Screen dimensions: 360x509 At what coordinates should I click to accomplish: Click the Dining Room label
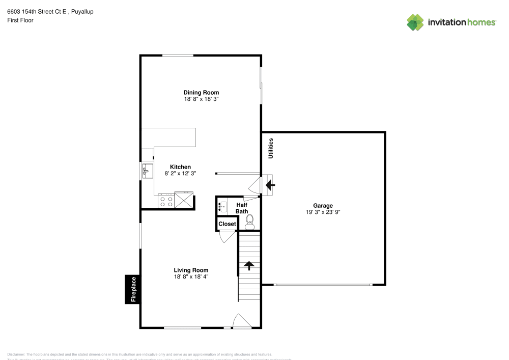[x=201, y=93]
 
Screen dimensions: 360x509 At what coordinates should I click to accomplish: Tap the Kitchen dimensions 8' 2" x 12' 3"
[x=180, y=174]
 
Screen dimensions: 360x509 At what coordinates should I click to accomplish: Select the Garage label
[x=323, y=206]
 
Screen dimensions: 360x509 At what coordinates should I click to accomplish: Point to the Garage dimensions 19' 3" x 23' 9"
[x=323, y=212]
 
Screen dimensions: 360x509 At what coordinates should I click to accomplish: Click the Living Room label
[x=191, y=270]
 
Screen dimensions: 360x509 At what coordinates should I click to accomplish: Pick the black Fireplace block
[x=133, y=289]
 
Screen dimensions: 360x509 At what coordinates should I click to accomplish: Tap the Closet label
[x=227, y=224]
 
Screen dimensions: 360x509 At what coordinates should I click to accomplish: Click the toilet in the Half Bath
[x=249, y=220]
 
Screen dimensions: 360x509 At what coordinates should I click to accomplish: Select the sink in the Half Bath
[x=222, y=206]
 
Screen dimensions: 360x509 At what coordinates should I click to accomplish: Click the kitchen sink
[x=147, y=170]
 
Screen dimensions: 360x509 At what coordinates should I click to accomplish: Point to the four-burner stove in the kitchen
[x=166, y=200]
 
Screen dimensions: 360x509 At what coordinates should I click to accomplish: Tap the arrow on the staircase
[x=249, y=266]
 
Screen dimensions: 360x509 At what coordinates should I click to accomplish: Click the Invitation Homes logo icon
[x=415, y=22]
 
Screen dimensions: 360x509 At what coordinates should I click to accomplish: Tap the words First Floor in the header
[x=20, y=20]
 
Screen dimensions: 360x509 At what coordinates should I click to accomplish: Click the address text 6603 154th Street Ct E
[x=39, y=11]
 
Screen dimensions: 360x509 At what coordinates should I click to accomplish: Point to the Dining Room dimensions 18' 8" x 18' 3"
[x=201, y=99]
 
